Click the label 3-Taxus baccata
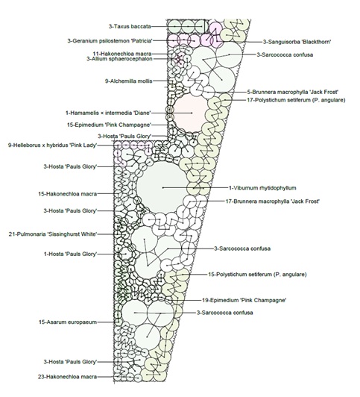[130, 26]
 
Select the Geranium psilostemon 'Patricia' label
[110, 41]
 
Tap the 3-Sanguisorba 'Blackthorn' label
[297, 42]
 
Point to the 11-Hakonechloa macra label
[122, 54]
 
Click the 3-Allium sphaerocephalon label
[119, 59]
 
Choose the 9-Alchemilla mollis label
[129, 81]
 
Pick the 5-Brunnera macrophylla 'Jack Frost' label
[292, 92]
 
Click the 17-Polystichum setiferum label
[296, 100]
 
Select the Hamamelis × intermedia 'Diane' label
[108, 113]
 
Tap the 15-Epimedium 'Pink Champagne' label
[110, 125]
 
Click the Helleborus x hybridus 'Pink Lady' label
[53, 146]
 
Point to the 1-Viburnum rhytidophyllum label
[262, 188]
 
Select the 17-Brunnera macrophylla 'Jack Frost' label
[273, 201]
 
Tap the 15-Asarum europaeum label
[68, 322]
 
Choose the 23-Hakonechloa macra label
[68, 377]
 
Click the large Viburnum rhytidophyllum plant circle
[162, 187]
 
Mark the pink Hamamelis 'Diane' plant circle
[191, 113]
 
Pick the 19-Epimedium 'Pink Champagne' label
[244, 300]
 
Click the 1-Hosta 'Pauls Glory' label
[71, 254]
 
